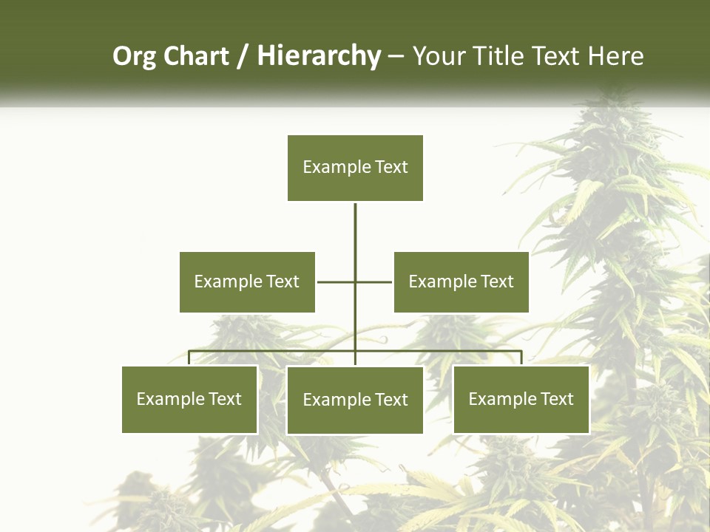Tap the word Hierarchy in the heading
(x=319, y=57)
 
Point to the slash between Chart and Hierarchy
(x=242, y=57)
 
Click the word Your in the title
(x=439, y=57)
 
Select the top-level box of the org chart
(x=355, y=168)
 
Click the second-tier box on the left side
(x=247, y=282)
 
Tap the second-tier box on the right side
(x=461, y=282)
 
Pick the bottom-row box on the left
(x=189, y=399)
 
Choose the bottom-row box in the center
(x=355, y=400)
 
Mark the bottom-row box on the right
(x=521, y=399)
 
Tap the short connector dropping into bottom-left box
(x=189, y=358)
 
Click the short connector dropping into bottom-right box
(x=521, y=358)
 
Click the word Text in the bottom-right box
(x=557, y=399)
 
